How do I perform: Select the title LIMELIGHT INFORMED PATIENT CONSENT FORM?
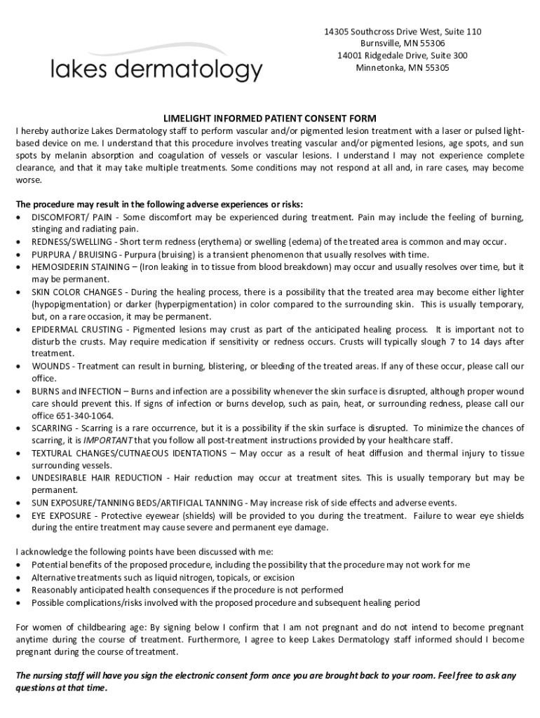[270, 118]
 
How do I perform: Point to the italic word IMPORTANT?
[109, 440]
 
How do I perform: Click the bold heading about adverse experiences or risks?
[160, 205]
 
